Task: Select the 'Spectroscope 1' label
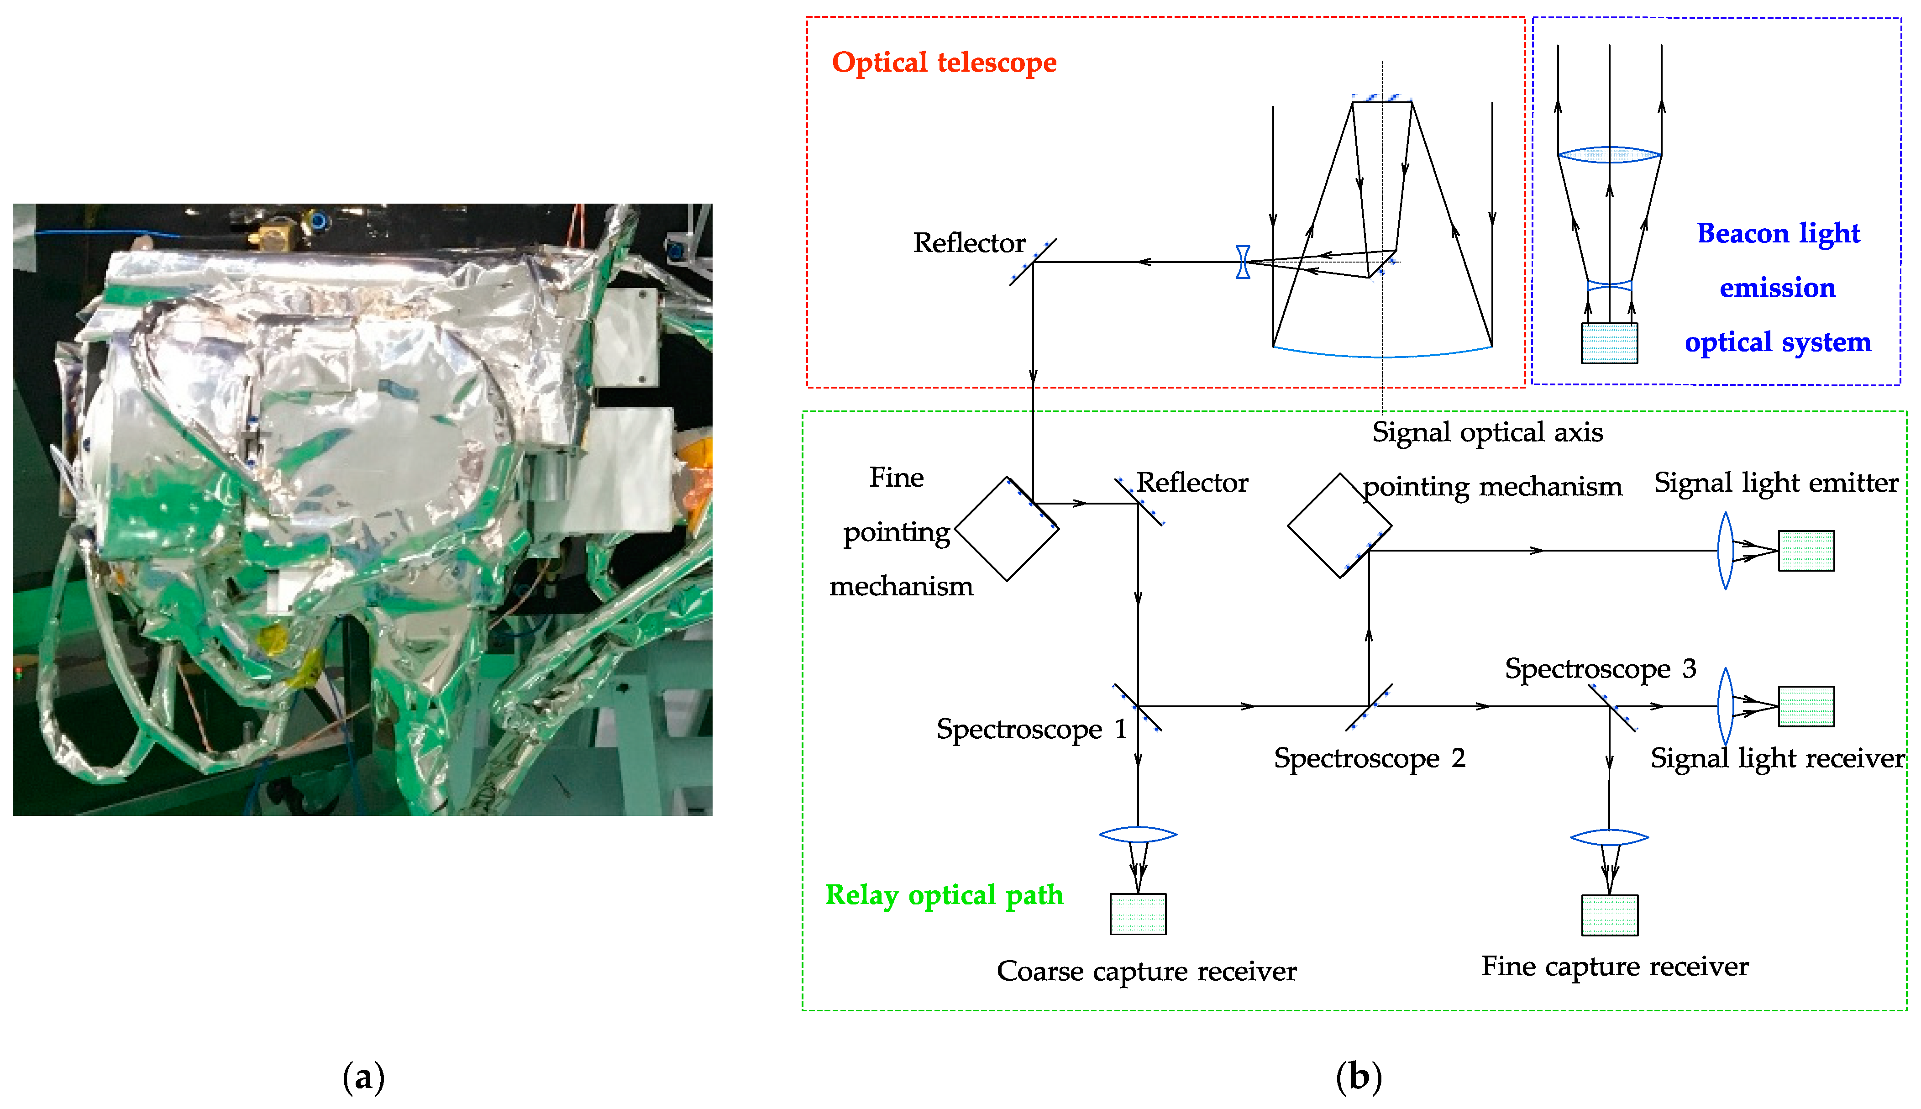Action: [1031, 729]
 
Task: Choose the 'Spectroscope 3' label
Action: [1600, 669]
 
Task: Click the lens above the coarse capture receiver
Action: [1138, 834]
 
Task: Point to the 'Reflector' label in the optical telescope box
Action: [969, 243]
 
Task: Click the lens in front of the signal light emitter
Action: [1725, 551]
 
